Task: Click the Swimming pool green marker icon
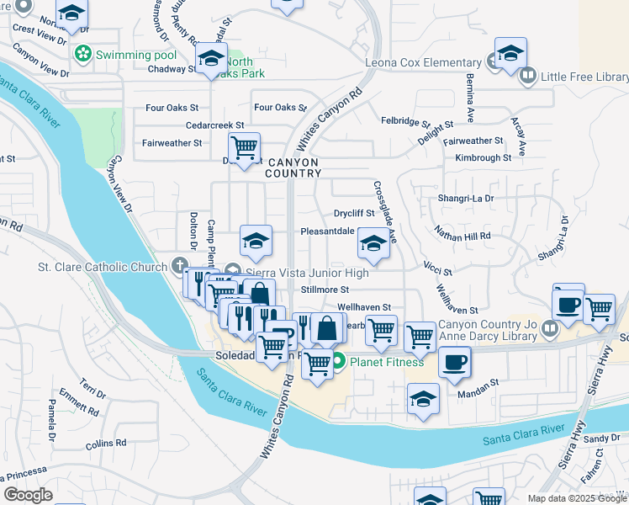point(82,56)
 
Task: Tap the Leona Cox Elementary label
point(422,62)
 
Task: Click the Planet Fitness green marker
point(338,364)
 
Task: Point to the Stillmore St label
point(325,290)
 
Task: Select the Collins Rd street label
point(105,443)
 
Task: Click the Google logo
point(28,494)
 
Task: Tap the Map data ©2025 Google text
point(576,498)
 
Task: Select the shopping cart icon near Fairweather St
point(244,148)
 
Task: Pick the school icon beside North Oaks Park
point(211,58)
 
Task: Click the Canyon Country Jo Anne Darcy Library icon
point(551,328)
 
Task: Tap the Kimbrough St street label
point(483,157)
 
